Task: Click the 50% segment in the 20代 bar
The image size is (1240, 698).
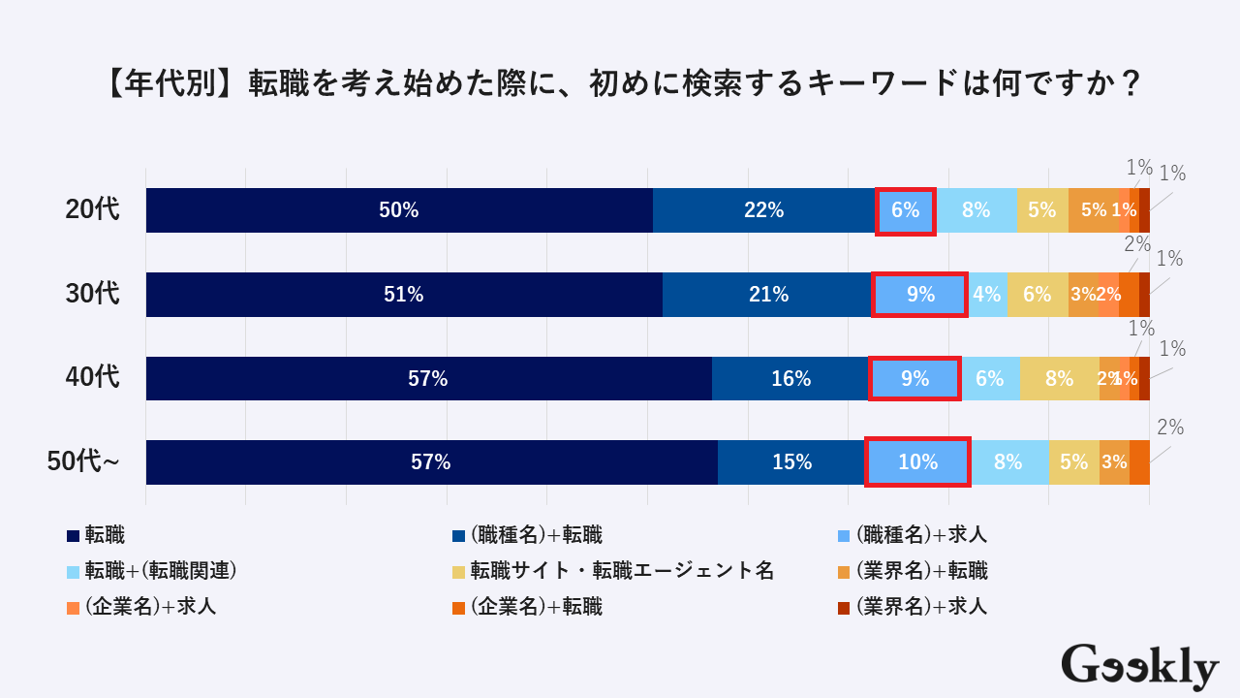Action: coord(399,210)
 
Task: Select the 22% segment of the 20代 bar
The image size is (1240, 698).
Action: coord(764,210)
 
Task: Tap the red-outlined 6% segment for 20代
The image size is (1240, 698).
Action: coord(906,210)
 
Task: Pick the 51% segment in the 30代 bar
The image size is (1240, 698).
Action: coord(404,295)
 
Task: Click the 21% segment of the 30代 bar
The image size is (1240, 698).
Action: coord(767,295)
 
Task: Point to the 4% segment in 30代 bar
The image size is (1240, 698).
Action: coord(987,295)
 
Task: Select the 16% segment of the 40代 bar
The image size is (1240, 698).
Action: coord(790,379)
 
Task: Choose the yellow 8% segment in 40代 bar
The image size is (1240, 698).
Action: coord(1059,379)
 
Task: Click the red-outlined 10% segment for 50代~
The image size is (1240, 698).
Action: coord(917,462)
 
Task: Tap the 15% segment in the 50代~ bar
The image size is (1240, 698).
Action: coord(791,462)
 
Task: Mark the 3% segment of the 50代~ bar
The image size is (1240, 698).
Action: coord(1114,462)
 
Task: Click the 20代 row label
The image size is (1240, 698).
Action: coord(93,209)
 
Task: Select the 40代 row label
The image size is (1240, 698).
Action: coord(93,377)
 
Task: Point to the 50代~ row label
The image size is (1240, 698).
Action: coord(84,462)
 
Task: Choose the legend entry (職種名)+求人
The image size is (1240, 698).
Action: coord(921,535)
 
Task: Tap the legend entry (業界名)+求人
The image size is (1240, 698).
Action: coord(921,608)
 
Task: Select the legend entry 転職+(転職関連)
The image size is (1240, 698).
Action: coord(161,571)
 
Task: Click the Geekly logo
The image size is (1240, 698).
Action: coord(1139,667)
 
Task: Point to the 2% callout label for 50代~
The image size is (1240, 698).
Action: coord(1169,428)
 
